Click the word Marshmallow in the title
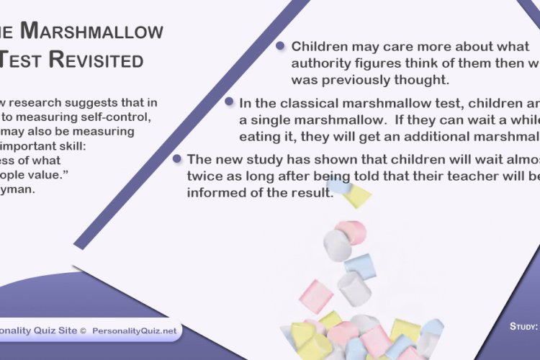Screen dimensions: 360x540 click(x=91, y=31)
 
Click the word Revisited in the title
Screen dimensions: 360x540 click(x=96, y=60)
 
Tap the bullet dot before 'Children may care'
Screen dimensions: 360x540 click(x=280, y=46)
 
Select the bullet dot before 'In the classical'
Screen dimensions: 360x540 click(x=229, y=102)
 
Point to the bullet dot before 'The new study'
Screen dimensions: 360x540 click(x=176, y=158)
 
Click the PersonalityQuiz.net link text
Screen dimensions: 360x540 click(x=134, y=330)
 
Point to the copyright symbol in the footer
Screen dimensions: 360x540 click(x=83, y=330)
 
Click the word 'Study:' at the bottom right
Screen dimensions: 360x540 click(x=524, y=326)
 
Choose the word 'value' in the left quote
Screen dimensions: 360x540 click(x=36, y=174)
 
